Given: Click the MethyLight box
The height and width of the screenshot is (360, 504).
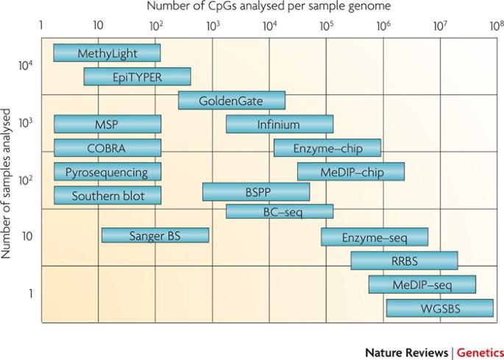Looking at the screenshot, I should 107,53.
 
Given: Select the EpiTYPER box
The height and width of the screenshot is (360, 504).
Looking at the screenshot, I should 137,77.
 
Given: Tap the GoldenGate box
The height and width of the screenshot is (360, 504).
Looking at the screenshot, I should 231,100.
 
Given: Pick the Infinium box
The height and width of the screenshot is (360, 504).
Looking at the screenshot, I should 279,124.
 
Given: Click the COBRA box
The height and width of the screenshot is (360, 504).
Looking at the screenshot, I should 107,148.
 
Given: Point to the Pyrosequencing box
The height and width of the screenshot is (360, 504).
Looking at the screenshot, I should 107,172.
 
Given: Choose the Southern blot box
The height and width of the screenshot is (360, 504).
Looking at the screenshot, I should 107,196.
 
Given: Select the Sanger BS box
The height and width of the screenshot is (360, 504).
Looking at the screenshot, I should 155,236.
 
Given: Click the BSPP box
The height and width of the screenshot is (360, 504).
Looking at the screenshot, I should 256,192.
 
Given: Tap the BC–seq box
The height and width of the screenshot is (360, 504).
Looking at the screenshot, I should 279,212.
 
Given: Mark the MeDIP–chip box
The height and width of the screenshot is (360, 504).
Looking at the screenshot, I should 350,172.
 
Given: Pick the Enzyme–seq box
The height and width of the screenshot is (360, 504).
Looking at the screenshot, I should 374,237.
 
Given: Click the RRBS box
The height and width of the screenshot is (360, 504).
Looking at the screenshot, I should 404,261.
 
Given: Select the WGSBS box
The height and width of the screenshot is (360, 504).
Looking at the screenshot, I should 439,308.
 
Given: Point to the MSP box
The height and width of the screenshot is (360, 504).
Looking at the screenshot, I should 107,124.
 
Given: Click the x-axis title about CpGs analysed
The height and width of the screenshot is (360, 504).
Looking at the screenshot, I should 267,7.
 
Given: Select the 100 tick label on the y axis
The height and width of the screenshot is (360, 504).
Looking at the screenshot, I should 25,180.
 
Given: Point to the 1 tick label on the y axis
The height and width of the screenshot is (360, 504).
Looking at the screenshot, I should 30,294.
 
